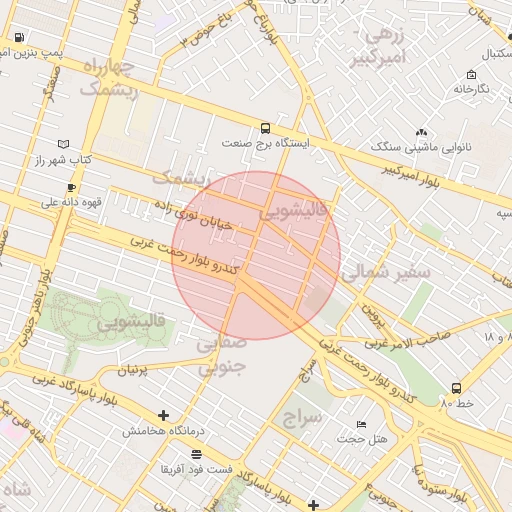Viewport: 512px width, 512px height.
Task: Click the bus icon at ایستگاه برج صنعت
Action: [x=265, y=128]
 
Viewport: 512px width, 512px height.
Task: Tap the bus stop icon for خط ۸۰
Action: [x=456, y=387]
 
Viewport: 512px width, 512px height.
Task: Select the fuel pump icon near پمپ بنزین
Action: [x=19, y=38]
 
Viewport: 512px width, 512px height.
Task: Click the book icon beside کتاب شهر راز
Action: [x=66, y=144]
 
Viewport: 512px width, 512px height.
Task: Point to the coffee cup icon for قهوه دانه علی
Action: [x=71, y=187]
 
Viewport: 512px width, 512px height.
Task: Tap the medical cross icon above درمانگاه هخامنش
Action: [x=163, y=415]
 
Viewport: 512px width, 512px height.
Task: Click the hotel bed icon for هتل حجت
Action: [x=361, y=424]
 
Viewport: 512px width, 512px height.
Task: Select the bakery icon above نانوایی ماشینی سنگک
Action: [x=421, y=132]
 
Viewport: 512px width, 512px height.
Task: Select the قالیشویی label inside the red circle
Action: [x=293, y=211]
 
